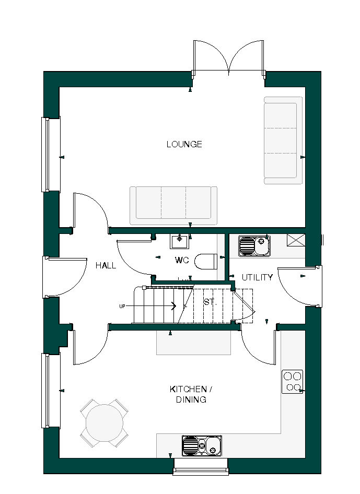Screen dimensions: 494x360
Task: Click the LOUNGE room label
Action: click(x=184, y=144)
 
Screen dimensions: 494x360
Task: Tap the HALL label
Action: click(x=106, y=265)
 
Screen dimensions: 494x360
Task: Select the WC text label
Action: click(x=182, y=260)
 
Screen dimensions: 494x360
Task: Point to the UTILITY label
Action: click(x=257, y=277)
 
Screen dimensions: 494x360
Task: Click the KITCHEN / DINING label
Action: click(x=191, y=394)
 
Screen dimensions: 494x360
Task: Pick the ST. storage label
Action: click(x=210, y=302)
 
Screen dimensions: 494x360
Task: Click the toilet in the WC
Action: click(x=205, y=261)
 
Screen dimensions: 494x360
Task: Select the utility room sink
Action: click(x=254, y=246)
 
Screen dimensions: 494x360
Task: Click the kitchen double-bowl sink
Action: click(x=202, y=445)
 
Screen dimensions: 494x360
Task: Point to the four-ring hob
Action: click(x=293, y=381)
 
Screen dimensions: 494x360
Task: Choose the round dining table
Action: click(x=104, y=423)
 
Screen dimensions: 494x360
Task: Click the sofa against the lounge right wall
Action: click(x=283, y=140)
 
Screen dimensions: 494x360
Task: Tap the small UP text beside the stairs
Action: click(x=122, y=307)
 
